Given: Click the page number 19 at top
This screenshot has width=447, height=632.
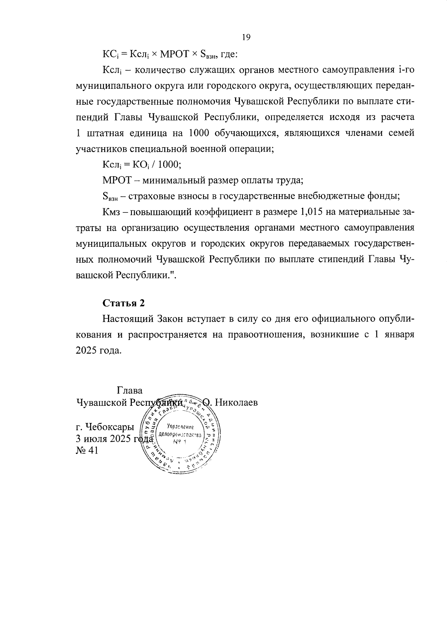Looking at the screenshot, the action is tap(246, 37).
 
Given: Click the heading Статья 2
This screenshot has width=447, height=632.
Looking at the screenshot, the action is tap(123, 303).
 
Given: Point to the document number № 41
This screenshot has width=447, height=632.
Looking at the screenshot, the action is tap(87, 451).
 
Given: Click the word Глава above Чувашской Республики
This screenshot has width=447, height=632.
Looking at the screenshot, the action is tap(130, 391).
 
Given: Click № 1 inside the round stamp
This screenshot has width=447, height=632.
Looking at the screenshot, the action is tap(179, 442).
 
